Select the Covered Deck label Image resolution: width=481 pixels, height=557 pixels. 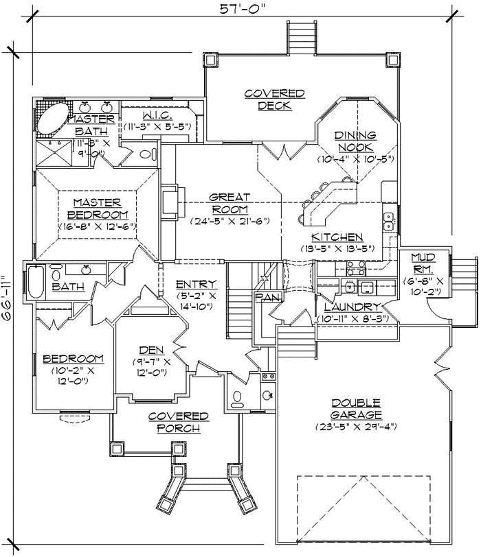(x=274, y=99)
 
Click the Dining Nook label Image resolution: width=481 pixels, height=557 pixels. (x=355, y=141)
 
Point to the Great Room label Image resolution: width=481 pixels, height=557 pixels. (x=230, y=203)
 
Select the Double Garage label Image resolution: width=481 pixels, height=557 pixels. (x=355, y=409)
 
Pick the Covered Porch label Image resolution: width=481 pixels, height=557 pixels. (x=178, y=422)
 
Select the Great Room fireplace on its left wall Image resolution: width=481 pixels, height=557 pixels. (x=168, y=200)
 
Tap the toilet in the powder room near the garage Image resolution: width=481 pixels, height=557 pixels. (x=237, y=397)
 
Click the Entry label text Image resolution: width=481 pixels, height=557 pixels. (x=196, y=284)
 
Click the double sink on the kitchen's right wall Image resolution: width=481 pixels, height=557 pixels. (x=388, y=221)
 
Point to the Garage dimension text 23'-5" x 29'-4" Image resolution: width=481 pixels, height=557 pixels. (x=355, y=427)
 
